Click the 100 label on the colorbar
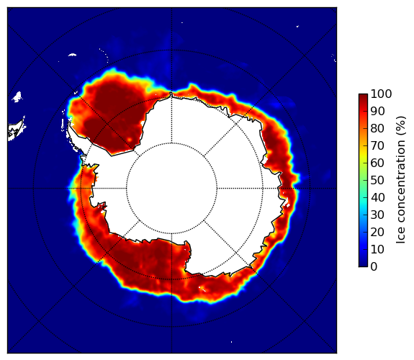tap(381, 94)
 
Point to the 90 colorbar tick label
tap(377, 111)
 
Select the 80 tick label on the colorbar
tap(377, 129)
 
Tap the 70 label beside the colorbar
tap(377, 145)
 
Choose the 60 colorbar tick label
tap(377, 163)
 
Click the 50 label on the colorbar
tap(377, 181)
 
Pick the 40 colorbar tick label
tap(377, 197)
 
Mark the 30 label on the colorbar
tap(377, 215)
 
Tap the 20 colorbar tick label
tap(377, 232)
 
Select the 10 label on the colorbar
tap(377, 249)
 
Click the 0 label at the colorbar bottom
tap(374, 267)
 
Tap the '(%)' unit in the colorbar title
tap(401, 126)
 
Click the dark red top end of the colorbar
tap(363, 96)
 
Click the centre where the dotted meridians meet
tap(171, 189)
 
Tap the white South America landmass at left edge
tap(17, 130)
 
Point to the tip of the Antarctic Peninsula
tap(69, 123)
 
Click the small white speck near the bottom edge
tap(232, 342)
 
